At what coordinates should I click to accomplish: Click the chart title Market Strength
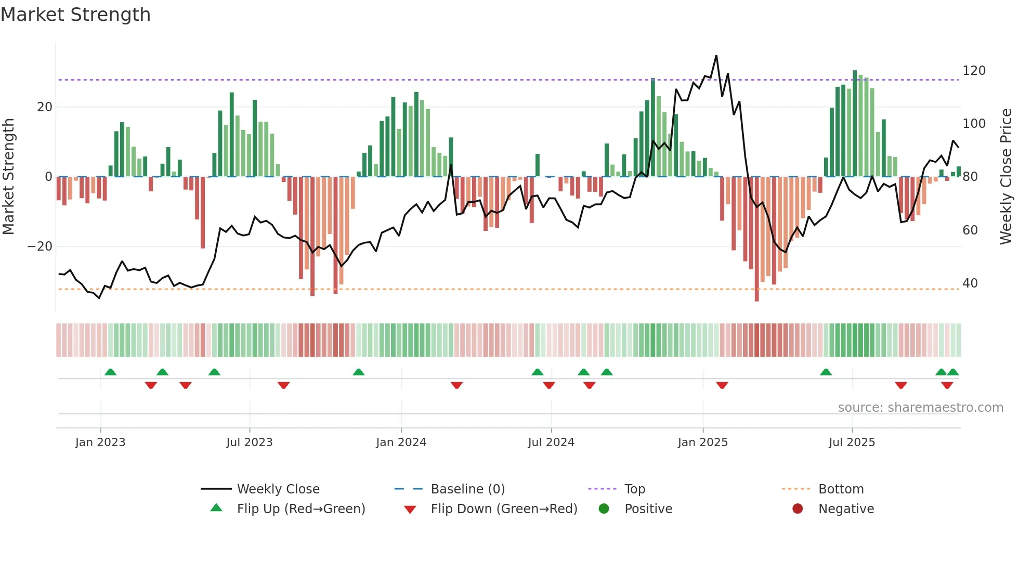click(x=75, y=15)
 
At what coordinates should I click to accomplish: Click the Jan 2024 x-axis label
click(x=401, y=442)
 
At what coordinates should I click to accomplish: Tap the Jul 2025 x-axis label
click(x=852, y=442)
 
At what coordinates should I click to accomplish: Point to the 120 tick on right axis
click(x=973, y=71)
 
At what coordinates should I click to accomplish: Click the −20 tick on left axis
click(x=40, y=246)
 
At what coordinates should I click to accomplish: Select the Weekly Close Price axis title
click(x=1006, y=177)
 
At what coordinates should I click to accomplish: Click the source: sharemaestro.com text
click(x=920, y=408)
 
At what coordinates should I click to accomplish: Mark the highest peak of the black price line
click(x=716, y=56)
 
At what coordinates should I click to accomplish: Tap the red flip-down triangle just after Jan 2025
click(x=722, y=385)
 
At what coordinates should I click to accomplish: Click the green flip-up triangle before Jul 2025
click(x=826, y=372)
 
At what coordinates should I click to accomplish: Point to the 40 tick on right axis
click(x=970, y=283)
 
